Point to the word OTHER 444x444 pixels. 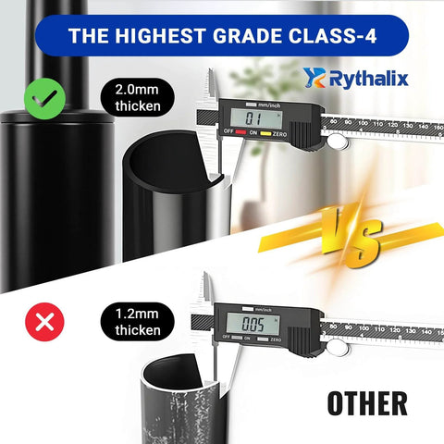[x=367, y=402]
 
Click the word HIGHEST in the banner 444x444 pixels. [x=166, y=38]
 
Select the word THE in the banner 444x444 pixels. [x=89, y=38]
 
